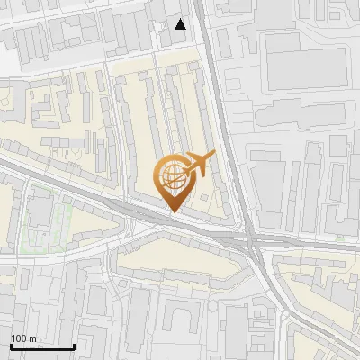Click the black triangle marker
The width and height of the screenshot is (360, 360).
click(x=181, y=24)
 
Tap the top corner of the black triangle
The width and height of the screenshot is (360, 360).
click(x=181, y=19)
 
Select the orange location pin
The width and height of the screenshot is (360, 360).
click(x=174, y=180)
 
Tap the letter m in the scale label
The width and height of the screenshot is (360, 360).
click(x=33, y=339)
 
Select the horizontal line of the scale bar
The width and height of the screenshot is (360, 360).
click(x=42, y=347)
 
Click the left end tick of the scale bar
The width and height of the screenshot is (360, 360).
click(x=12, y=345)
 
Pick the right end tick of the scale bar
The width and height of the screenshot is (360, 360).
click(x=73, y=345)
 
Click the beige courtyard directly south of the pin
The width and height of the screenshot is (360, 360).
click(x=180, y=261)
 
